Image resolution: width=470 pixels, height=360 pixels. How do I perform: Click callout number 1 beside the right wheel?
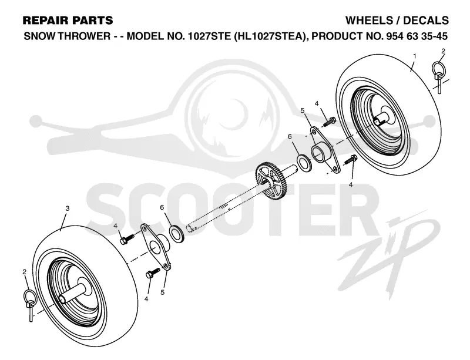click(415, 56)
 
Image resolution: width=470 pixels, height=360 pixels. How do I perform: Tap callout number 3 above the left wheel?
click(68, 208)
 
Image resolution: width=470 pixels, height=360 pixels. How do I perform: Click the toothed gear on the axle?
click(271, 179)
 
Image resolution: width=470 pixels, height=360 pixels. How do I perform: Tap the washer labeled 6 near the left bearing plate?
click(177, 233)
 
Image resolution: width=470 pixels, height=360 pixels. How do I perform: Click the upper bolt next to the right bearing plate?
click(330, 122)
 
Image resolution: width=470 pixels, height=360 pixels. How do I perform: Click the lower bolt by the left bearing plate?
click(153, 273)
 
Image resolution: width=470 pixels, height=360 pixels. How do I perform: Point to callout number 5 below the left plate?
click(163, 292)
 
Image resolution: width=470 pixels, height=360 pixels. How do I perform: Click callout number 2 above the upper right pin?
click(444, 51)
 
